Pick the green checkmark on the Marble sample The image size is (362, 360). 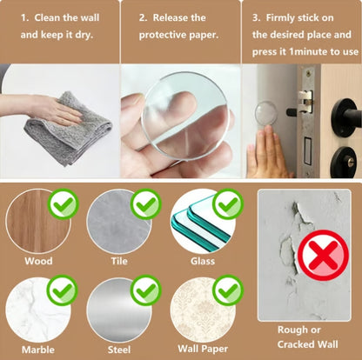(64, 290)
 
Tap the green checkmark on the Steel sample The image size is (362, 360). (144, 290)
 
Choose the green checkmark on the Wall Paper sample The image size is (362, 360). (227, 290)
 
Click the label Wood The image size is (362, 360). (38, 261)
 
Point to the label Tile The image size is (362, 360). (119, 261)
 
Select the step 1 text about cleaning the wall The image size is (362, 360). (58, 26)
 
